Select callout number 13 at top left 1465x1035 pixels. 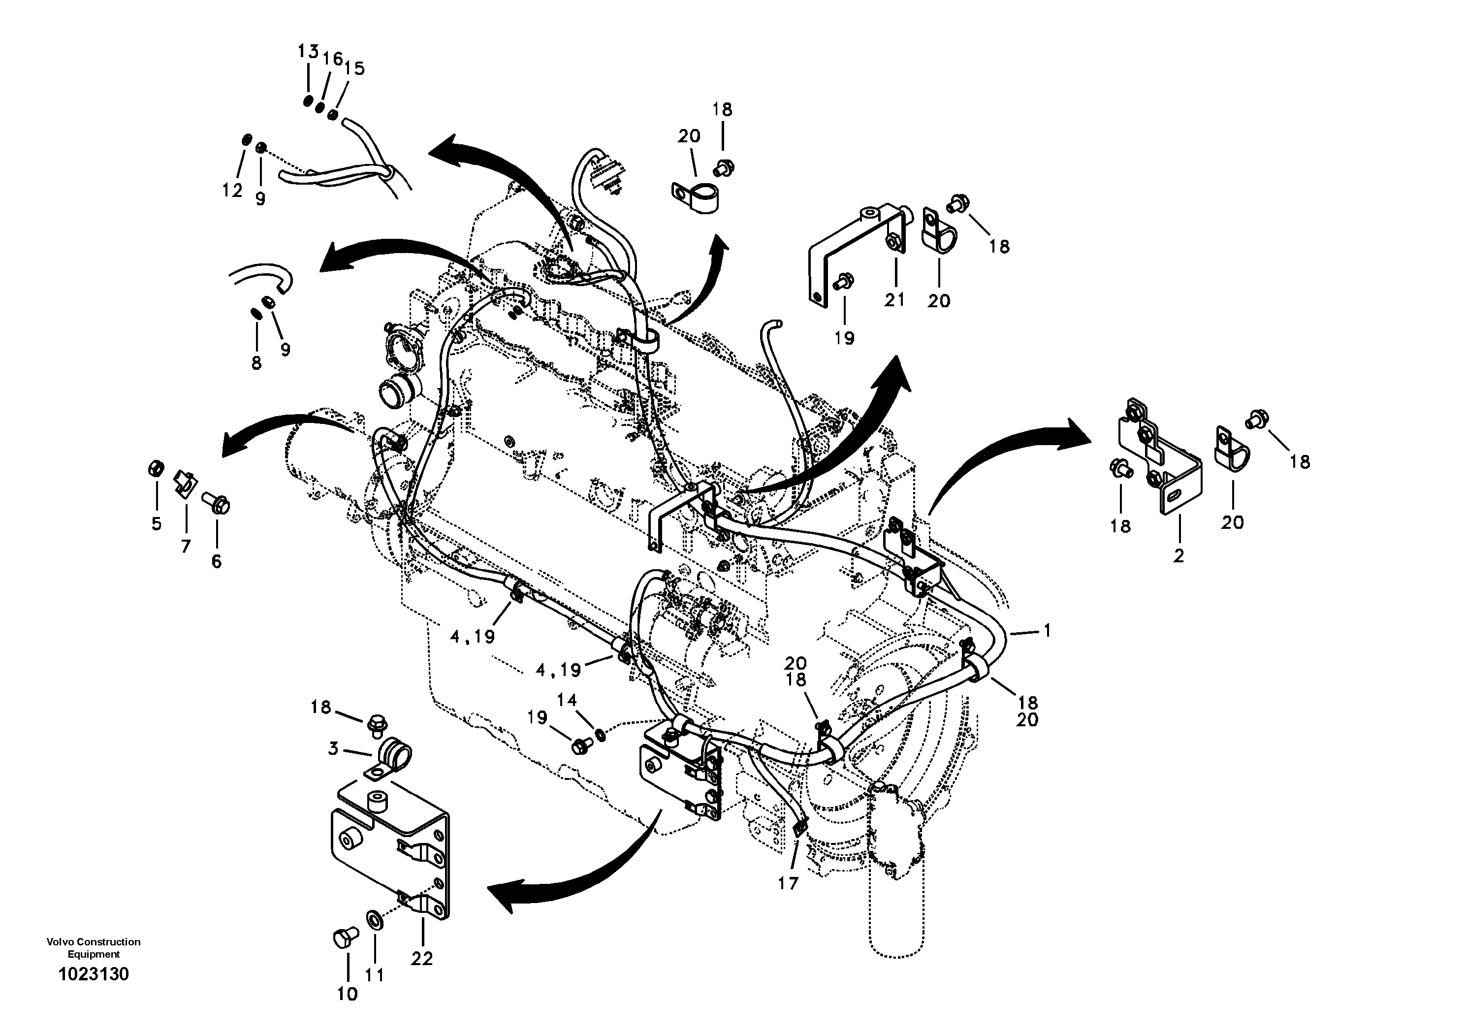(308, 52)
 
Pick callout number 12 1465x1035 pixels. (233, 190)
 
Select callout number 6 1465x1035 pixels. (216, 561)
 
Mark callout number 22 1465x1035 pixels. (422, 958)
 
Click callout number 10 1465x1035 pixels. (348, 994)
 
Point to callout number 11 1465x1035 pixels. (375, 975)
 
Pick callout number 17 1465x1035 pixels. (788, 884)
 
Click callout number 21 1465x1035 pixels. (894, 299)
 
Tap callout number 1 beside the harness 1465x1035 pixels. (1047, 630)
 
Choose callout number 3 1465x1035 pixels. (333, 748)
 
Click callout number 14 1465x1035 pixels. (567, 700)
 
